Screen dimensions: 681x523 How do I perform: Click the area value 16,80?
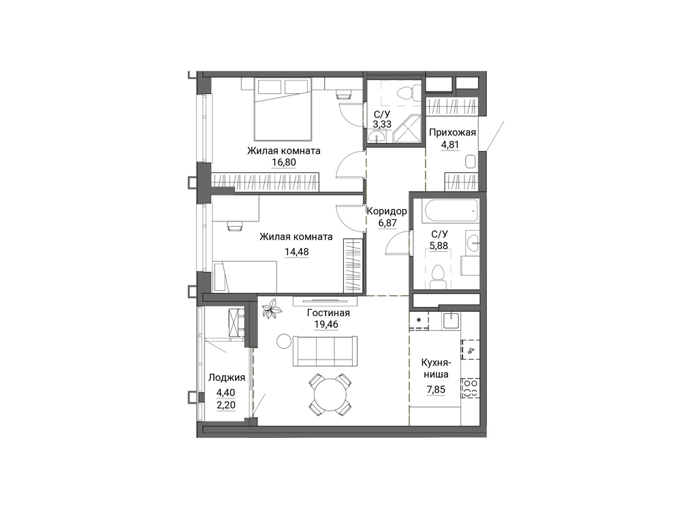coord(284,163)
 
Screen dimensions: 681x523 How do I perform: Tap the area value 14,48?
coord(297,251)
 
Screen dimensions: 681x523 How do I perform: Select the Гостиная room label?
coord(328,313)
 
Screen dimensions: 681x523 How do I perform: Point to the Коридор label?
coord(387,211)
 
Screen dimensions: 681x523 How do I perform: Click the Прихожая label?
coord(452,133)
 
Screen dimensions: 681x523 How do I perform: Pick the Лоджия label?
coord(226,377)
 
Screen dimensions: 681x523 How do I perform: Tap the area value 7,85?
coord(436,390)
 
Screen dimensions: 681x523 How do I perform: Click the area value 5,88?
coord(439,246)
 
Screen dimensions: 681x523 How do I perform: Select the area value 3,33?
coord(382,124)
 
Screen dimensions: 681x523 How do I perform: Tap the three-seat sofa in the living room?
coord(326,351)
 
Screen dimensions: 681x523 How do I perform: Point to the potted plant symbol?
coord(272,309)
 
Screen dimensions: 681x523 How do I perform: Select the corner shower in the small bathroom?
coord(407,129)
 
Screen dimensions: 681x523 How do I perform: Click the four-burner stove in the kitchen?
coord(471,388)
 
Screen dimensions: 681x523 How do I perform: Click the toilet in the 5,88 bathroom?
coord(437,276)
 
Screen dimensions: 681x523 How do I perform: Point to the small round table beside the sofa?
coord(283,340)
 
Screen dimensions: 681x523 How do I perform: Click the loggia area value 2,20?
coord(226,405)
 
